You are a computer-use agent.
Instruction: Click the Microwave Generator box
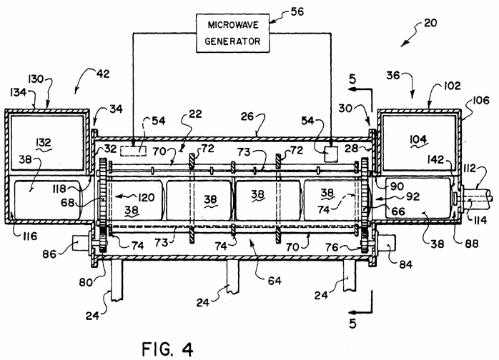(x=232, y=33)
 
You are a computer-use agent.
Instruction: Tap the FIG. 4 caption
(x=167, y=349)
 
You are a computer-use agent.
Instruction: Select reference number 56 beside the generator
(x=297, y=11)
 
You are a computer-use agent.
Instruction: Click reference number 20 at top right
(x=430, y=24)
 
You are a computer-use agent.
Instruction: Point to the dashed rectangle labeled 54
(x=134, y=151)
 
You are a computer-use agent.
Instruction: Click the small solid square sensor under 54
(x=331, y=154)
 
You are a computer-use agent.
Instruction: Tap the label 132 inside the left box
(x=44, y=142)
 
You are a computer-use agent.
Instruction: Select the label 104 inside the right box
(x=418, y=139)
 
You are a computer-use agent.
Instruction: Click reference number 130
(x=35, y=79)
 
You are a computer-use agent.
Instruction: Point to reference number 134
(x=18, y=92)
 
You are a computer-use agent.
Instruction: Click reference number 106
(x=480, y=101)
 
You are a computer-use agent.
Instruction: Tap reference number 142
(x=435, y=159)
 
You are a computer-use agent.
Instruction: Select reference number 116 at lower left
(x=29, y=236)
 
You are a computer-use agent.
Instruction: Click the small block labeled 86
(x=81, y=244)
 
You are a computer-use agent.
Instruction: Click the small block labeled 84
(x=386, y=243)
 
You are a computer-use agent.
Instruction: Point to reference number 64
(x=275, y=281)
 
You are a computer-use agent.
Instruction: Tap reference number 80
(x=85, y=282)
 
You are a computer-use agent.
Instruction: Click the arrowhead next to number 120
(x=118, y=196)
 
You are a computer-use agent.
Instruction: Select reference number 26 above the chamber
(x=247, y=116)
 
